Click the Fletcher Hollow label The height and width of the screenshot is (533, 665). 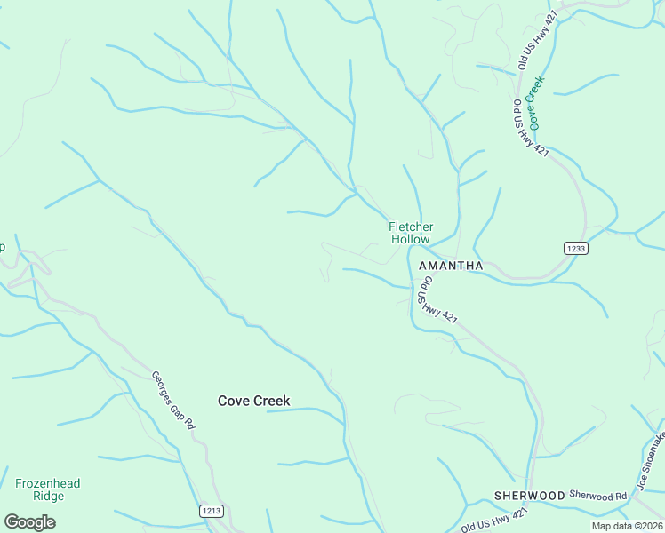click(411, 233)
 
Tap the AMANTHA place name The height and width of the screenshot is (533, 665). click(450, 266)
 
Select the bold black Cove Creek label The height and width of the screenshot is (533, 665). click(254, 401)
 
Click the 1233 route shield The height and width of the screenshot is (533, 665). click(575, 249)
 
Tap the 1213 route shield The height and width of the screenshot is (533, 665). click(211, 512)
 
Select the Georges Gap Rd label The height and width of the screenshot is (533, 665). click(172, 401)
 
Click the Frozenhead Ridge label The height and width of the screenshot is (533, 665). click(47, 490)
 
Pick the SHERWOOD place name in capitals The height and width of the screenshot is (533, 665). click(530, 495)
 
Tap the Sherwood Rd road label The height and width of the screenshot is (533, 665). click(597, 495)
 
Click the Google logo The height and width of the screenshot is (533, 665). click(29, 521)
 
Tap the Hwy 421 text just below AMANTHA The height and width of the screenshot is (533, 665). click(440, 313)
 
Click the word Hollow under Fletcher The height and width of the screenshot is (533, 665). click(411, 239)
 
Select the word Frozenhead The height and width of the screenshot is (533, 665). click(47, 484)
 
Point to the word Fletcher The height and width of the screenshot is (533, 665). click(411, 227)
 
